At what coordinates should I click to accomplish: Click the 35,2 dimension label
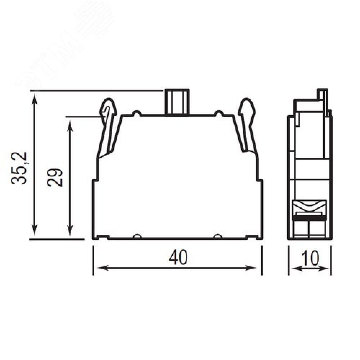point(19,168)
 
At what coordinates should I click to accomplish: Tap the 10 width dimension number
point(310,258)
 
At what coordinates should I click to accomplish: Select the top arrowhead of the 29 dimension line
point(70,125)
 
